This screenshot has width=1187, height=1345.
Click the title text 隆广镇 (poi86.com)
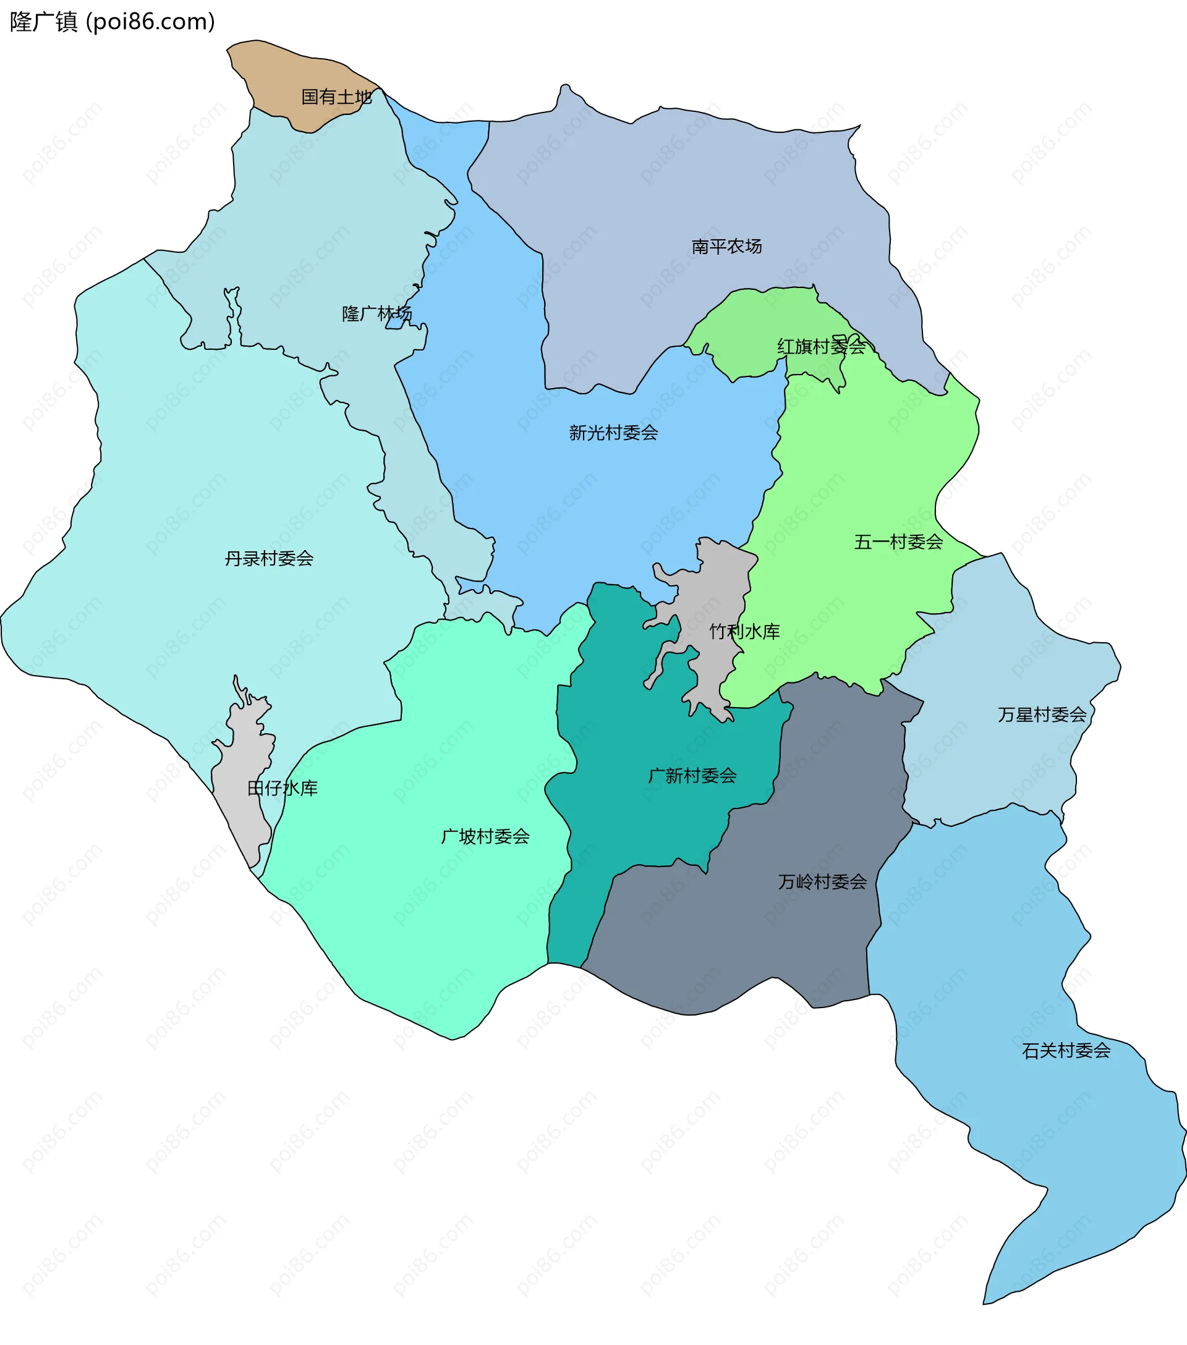click(x=112, y=22)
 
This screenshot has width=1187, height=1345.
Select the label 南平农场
click(x=726, y=246)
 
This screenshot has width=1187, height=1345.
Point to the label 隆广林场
click(x=377, y=313)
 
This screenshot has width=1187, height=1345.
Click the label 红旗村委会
click(x=820, y=346)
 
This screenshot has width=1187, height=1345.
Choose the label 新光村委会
click(x=613, y=432)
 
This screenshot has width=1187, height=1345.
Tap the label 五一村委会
click(x=898, y=541)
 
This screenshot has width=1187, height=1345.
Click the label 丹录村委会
click(x=268, y=558)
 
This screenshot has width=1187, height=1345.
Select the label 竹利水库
click(x=744, y=631)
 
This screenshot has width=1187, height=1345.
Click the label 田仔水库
click(x=282, y=787)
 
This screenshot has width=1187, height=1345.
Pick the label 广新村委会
click(x=692, y=775)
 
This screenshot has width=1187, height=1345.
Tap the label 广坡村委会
click(x=485, y=836)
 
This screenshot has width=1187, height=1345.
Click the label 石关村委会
click(x=1065, y=1050)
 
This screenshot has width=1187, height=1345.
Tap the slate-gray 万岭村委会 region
click(x=757, y=941)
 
